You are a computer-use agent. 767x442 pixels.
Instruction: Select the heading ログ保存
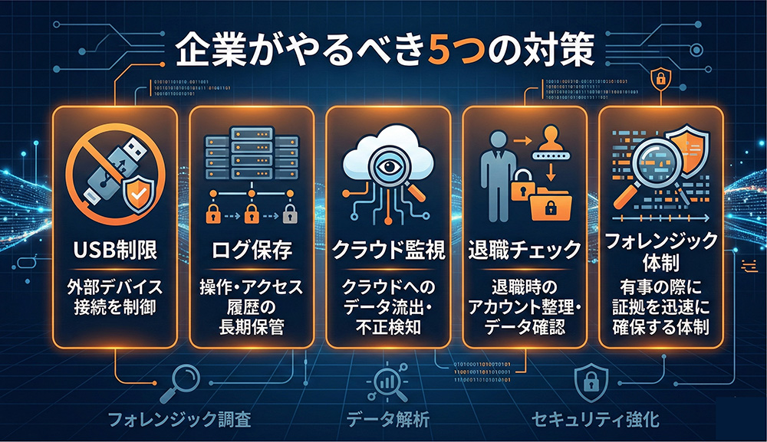click(x=249, y=250)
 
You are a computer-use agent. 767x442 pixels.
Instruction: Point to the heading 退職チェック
click(x=524, y=250)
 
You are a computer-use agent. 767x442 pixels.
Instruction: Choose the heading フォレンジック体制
click(x=660, y=252)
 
